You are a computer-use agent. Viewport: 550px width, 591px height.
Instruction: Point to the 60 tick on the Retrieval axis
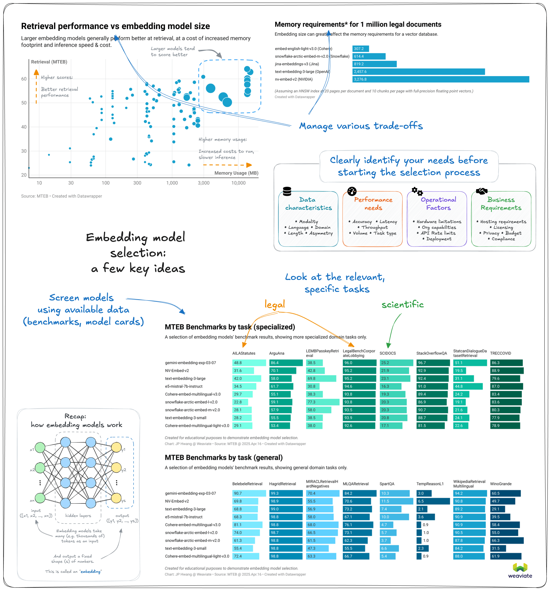coord(24,79)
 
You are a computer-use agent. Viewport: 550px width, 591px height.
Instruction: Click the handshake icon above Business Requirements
coord(482,191)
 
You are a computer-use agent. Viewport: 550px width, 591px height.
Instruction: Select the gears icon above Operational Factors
coord(417,191)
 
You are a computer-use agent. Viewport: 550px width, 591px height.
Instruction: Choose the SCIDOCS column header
coord(388,353)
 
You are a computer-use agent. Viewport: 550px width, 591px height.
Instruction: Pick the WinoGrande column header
coord(501,484)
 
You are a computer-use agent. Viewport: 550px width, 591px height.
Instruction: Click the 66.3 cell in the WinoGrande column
coord(507,540)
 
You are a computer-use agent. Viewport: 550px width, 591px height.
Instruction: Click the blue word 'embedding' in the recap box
coord(90,571)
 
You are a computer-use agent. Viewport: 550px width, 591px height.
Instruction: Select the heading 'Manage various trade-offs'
coord(361,126)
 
